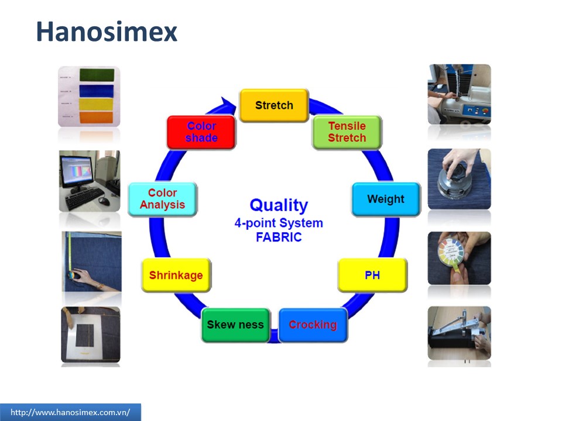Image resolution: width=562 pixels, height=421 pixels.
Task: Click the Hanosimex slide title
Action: (107, 32)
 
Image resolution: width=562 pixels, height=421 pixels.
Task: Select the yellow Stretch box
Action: (274, 106)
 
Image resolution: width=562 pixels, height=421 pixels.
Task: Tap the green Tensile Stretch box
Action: (347, 132)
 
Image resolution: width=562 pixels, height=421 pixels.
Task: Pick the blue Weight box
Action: (386, 199)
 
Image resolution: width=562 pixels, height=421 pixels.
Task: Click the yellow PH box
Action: (372, 275)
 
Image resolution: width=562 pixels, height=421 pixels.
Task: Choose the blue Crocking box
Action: (313, 325)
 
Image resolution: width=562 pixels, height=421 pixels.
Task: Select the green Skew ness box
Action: (235, 325)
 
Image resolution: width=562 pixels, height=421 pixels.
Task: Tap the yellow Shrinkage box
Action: (176, 275)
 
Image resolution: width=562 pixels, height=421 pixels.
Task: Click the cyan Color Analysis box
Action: (163, 199)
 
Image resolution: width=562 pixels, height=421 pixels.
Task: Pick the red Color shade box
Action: (201, 132)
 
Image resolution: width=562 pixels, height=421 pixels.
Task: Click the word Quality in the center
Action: (279, 205)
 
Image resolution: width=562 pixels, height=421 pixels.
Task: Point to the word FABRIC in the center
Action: (279, 237)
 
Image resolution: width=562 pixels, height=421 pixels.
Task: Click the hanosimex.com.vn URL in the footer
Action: (70, 412)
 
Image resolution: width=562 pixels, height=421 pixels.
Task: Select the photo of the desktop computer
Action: (89, 181)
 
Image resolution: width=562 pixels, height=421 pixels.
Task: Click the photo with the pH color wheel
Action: (459, 258)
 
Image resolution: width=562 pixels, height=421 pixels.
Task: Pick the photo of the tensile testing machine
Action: (459, 94)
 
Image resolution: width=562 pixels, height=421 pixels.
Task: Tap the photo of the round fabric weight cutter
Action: (459, 178)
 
